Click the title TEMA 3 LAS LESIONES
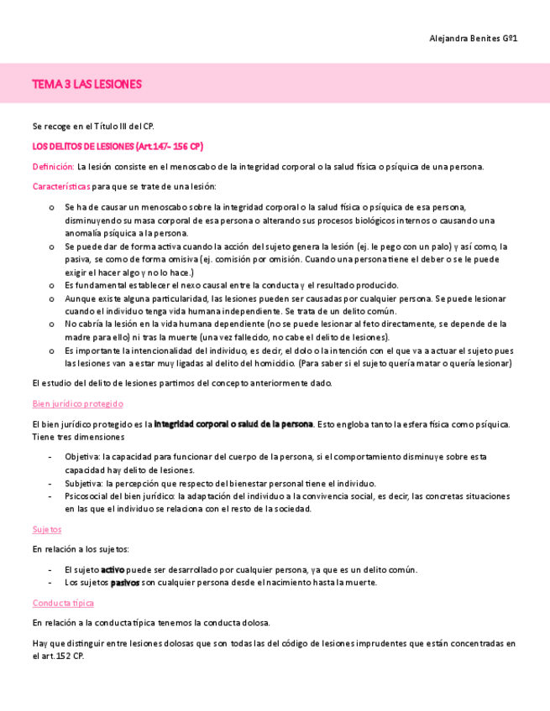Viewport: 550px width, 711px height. pos(86,84)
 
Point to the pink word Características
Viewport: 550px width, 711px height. pos(61,186)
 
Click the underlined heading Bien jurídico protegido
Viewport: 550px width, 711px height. pos(77,403)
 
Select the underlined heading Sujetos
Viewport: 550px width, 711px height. pos(47,529)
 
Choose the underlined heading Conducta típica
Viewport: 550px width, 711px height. pos(63,603)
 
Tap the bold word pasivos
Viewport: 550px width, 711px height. pos(124,582)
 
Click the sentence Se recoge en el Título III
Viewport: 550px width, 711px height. pos(92,126)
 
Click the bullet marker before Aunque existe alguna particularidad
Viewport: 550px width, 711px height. pos(51,298)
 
